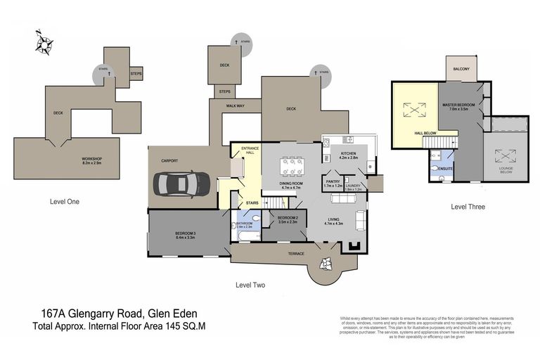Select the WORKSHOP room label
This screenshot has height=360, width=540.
[x=91, y=160]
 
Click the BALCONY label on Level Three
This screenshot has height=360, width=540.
[x=461, y=69]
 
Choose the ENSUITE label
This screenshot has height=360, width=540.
[x=444, y=169]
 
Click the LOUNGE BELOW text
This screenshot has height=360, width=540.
[x=505, y=170]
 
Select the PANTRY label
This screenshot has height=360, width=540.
[x=333, y=181]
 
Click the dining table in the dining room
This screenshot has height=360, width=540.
[x=291, y=167]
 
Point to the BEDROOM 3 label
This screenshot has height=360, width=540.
[x=186, y=233]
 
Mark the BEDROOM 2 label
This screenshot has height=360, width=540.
[x=288, y=219]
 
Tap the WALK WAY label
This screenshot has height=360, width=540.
[x=235, y=105]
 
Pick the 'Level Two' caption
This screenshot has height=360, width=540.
[x=250, y=285]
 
